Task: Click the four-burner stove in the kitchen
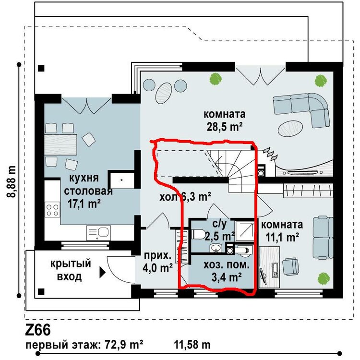click(x=53, y=210)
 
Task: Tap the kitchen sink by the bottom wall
click(x=99, y=233)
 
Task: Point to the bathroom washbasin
click(x=216, y=248)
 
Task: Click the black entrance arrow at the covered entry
click(x=102, y=273)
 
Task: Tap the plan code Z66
click(x=37, y=330)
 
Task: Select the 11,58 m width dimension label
click(x=192, y=345)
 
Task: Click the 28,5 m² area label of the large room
click(x=225, y=127)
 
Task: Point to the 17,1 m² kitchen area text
click(x=84, y=204)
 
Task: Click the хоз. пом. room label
click(x=227, y=265)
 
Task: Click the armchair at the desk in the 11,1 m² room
click(x=291, y=266)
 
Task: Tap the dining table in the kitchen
click(x=60, y=145)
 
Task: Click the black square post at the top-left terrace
click(x=41, y=68)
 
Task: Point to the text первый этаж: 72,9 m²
click(x=84, y=345)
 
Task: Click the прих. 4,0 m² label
click(x=157, y=262)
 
